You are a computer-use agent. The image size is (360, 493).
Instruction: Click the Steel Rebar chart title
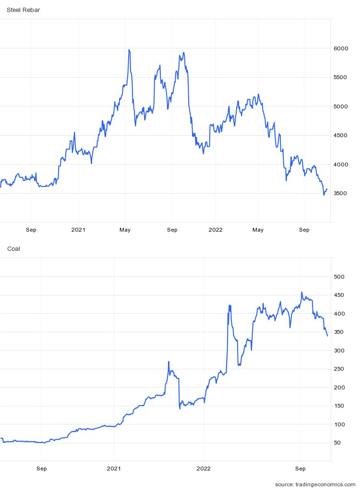(23, 10)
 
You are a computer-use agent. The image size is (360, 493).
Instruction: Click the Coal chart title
(13, 248)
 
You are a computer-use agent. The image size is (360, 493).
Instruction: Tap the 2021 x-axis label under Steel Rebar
(78, 230)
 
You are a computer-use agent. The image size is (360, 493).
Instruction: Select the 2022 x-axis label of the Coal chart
(204, 468)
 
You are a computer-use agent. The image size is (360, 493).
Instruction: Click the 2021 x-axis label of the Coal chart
(114, 468)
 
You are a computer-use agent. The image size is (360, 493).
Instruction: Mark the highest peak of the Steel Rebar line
(129, 49)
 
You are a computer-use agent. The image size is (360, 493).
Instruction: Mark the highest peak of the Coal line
(301, 292)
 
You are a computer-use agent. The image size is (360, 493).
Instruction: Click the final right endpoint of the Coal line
(327, 336)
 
